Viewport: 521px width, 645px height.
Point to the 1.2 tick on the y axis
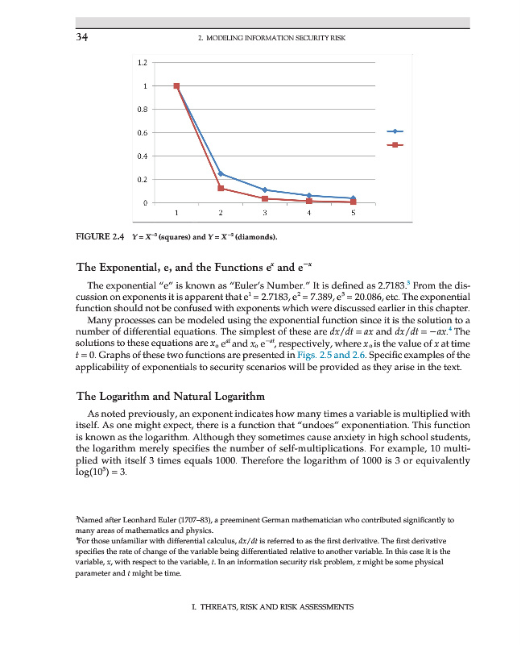point(142,62)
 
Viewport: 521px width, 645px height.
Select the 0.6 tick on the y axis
point(142,132)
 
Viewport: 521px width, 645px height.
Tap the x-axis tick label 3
point(264,214)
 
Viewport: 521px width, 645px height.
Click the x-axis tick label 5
point(353,214)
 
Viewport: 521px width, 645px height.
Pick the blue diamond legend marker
point(395,131)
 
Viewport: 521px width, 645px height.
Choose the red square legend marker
point(395,145)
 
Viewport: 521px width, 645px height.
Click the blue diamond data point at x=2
point(221,174)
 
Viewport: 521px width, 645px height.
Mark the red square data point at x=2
point(221,188)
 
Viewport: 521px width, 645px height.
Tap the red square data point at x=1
point(176,85)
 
